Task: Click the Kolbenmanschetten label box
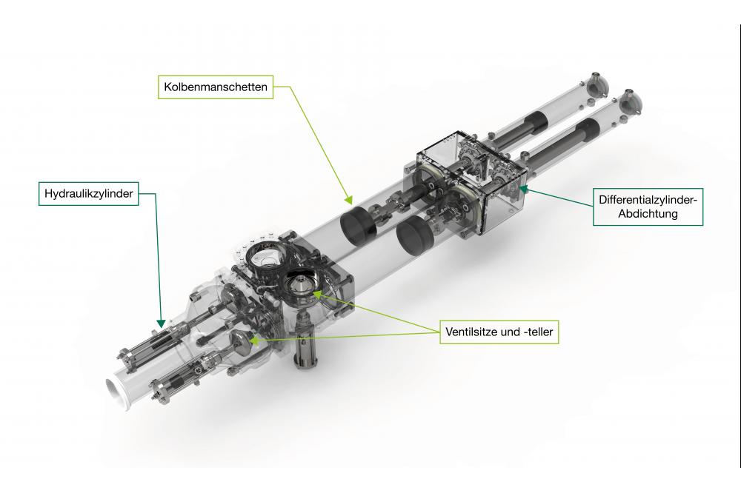[x=216, y=87]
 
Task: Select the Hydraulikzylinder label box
[x=88, y=194]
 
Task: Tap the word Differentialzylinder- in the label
[x=648, y=200]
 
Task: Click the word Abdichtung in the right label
[x=648, y=214]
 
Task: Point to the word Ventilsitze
[x=471, y=332]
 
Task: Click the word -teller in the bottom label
[x=539, y=332]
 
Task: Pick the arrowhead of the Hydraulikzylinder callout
[x=161, y=323]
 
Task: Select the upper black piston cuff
[x=358, y=225]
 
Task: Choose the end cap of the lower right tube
[x=632, y=102]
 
